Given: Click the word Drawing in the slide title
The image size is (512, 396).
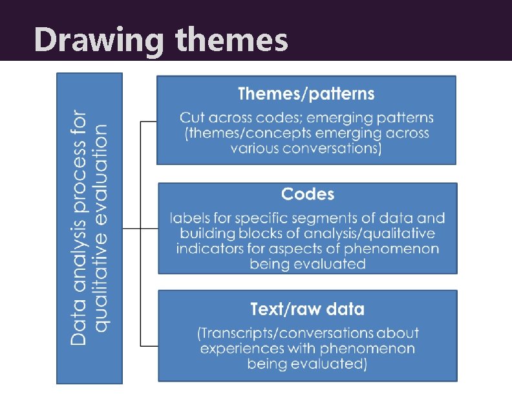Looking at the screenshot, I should pyautogui.click(x=100, y=40).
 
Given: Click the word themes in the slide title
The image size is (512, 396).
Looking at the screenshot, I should pyautogui.click(x=231, y=40).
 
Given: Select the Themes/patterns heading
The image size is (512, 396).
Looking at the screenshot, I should pyautogui.click(x=306, y=94).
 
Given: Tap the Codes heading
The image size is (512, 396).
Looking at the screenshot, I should pyautogui.click(x=308, y=193).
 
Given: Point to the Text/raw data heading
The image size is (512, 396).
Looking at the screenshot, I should pyautogui.click(x=307, y=309).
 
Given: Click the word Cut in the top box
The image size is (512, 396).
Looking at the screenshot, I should pyautogui.click(x=191, y=118).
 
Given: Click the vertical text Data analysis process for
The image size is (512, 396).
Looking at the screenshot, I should pyautogui.click(x=78, y=228).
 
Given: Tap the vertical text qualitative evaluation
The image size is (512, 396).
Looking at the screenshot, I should pyautogui.click(x=101, y=228).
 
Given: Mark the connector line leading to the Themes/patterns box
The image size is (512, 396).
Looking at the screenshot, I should pyautogui.click(x=149, y=121).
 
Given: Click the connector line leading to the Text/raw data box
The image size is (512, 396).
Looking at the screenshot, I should pyautogui.click(x=149, y=346).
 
